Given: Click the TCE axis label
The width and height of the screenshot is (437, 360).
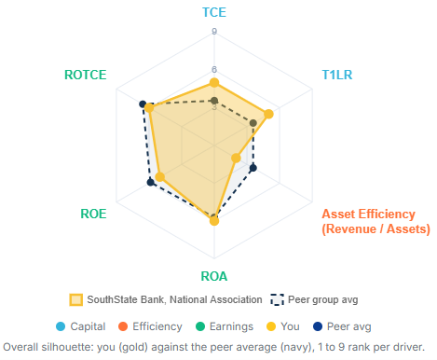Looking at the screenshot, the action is pyautogui.click(x=214, y=12).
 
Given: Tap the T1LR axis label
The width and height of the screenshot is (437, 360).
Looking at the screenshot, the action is pyautogui.click(x=337, y=75).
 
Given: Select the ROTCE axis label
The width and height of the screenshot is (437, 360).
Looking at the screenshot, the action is pyautogui.click(x=86, y=75).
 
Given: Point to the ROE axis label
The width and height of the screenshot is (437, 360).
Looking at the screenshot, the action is pyautogui.click(x=93, y=214).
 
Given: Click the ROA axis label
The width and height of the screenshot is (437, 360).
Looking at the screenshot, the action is pyautogui.click(x=214, y=276).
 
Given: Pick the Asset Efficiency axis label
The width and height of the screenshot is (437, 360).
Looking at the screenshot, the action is pyautogui.click(x=376, y=221).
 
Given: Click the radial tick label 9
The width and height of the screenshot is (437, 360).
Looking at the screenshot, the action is pyautogui.click(x=214, y=32).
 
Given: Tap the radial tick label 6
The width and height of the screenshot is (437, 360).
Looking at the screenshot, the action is pyautogui.click(x=214, y=70).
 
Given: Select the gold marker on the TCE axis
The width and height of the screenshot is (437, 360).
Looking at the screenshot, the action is pyautogui.click(x=214, y=83).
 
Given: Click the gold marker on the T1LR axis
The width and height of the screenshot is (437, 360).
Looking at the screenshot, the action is pyautogui.click(x=268, y=114).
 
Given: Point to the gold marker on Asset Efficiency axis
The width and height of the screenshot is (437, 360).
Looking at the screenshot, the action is pyautogui.click(x=236, y=158).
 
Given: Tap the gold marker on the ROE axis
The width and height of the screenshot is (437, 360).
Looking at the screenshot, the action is pyautogui.click(x=159, y=177).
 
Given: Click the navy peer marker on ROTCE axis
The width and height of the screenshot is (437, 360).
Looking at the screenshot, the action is pyautogui.click(x=143, y=104).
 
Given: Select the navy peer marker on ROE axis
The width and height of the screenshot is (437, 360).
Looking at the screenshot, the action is pyautogui.click(x=150, y=182).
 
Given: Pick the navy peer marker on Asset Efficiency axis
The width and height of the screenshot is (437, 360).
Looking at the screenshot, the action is pyautogui.click(x=253, y=168).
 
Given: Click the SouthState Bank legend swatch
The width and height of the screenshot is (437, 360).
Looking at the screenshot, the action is pyautogui.click(x=76, y=300).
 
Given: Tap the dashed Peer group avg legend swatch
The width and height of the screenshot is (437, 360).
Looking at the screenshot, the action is pyautogui.click(x=277, y=300).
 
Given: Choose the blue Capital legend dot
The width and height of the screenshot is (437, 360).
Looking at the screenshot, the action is pyautogui.click(x=61, y=326).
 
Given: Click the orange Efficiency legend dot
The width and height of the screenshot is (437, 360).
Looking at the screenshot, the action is pyautogui.click(x=123, y=326).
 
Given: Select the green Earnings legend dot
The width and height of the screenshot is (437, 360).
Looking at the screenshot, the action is pyautogui.click(x=200, y=326).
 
